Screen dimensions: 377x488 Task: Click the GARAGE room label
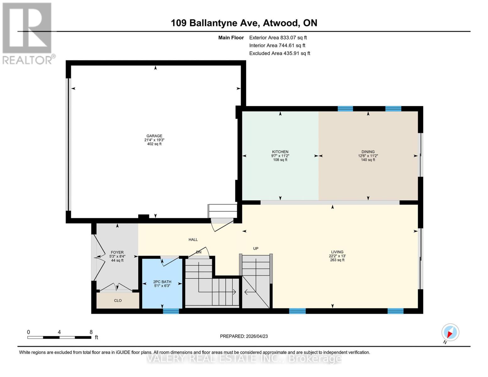(x=154, y=136)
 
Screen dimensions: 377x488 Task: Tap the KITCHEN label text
(x=280, y=152)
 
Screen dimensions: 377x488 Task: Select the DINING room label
(x=368, y=152)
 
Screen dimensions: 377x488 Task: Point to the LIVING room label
(x=337, y=252)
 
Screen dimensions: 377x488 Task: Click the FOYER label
(x=117, y=252)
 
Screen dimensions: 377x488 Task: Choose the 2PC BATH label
(x=162, y=282)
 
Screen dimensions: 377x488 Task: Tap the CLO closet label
(x=118, y=301)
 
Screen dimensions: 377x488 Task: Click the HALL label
(x=193, y=240)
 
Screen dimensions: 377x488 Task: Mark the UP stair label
(x=256, y=249)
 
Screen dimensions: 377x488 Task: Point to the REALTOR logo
(x=28, y=33)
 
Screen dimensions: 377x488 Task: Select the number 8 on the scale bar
(x=91, y=332)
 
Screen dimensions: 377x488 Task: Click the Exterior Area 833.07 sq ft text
(x=278, y=37)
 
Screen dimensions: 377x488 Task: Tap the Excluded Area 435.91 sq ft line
(x=279, y=53)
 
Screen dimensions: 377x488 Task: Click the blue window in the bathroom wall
(x=171, y=311)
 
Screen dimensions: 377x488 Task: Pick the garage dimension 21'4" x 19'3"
(x=154, y=140)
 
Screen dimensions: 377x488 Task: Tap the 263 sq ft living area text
(x=337, y=260)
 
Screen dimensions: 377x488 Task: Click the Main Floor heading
(x=231, y=37)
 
